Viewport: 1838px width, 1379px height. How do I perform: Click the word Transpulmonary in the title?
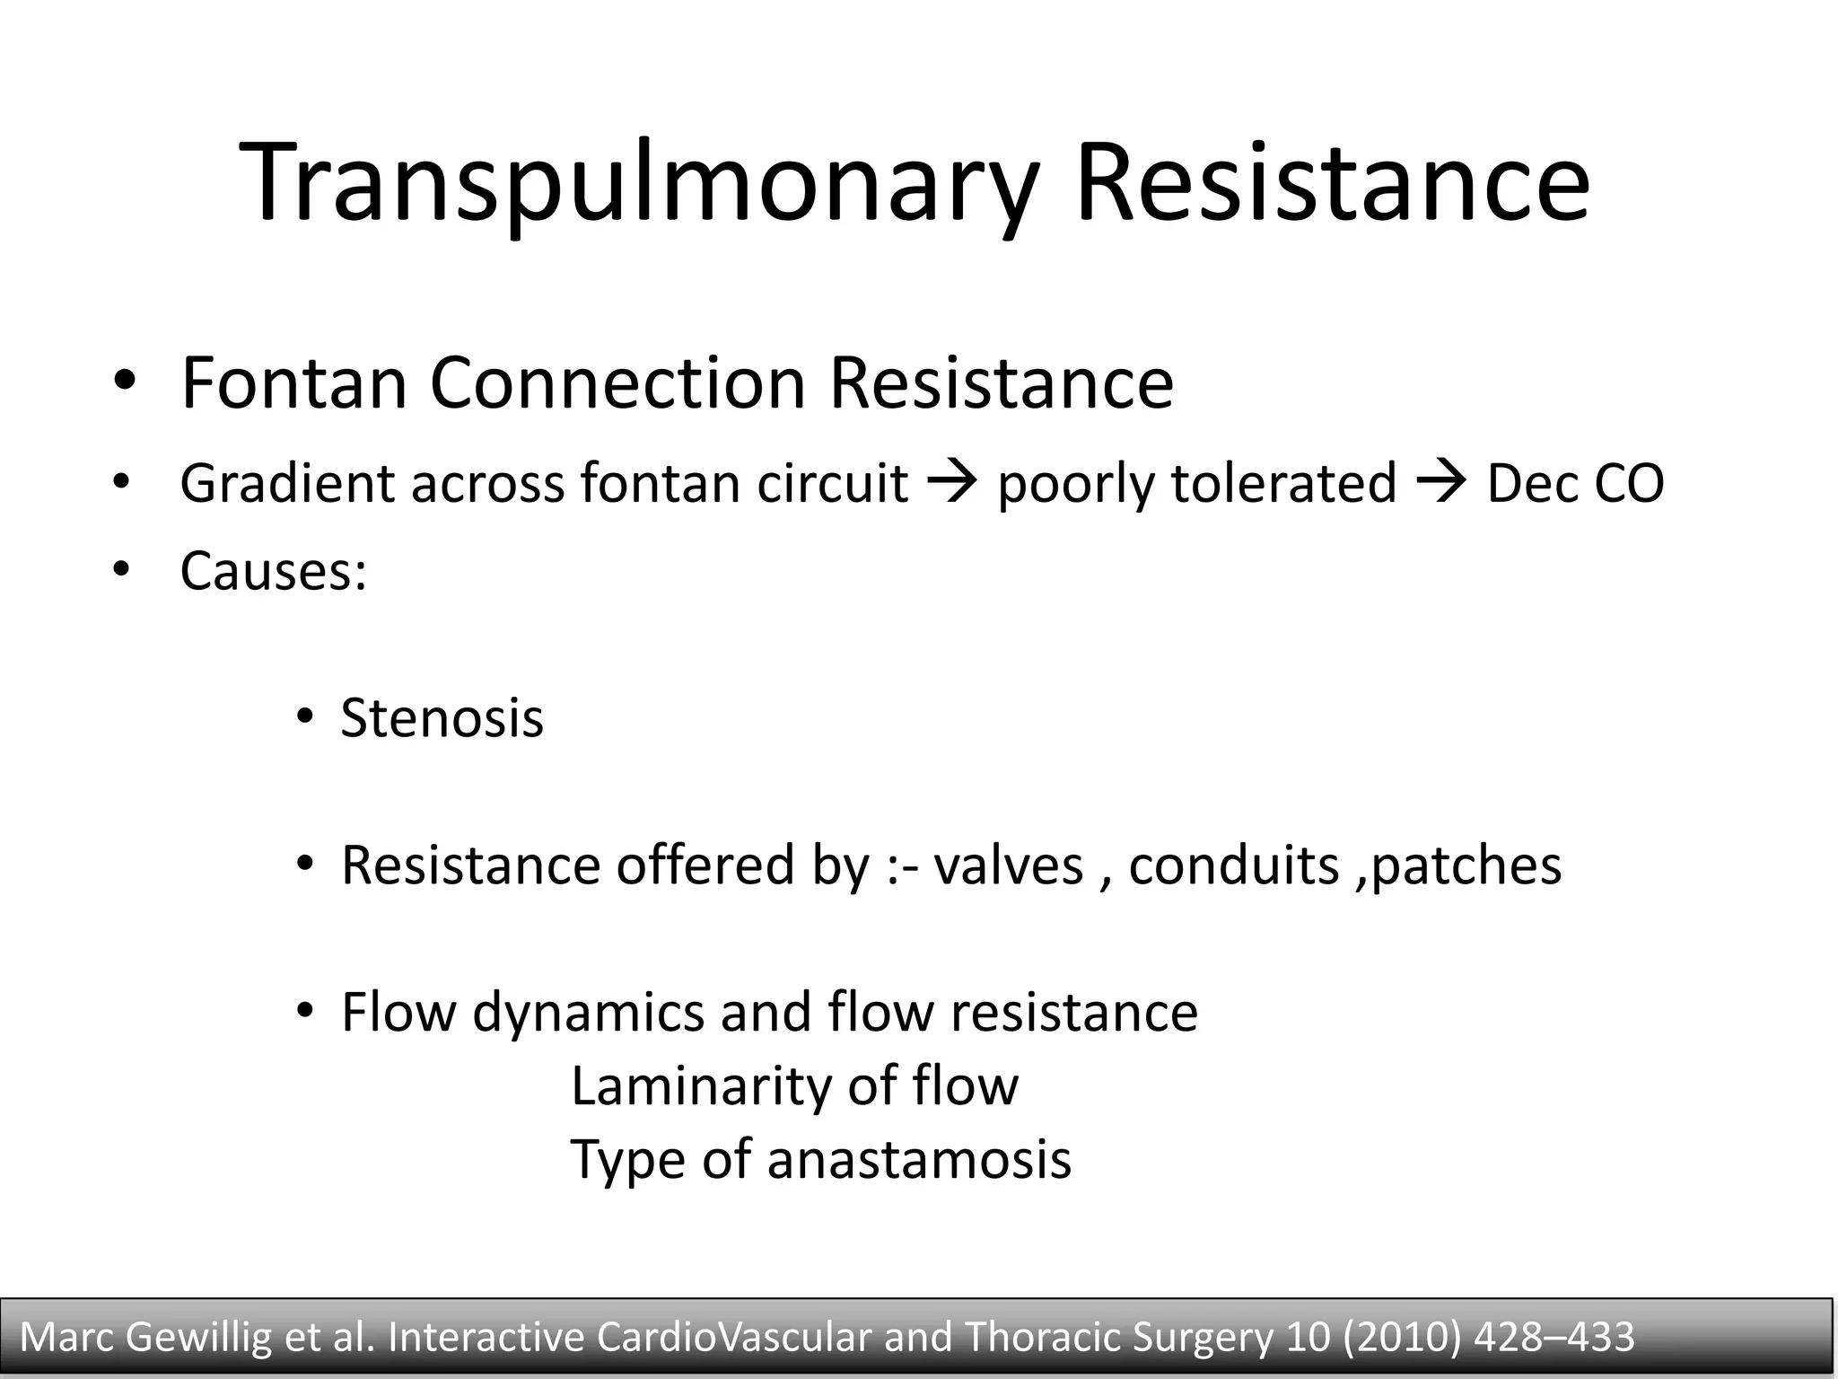(638, 184)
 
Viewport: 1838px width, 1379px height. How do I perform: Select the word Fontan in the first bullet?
(295, 383)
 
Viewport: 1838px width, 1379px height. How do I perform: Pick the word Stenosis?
(442, 718)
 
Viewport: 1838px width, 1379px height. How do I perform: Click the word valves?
(1008, 865)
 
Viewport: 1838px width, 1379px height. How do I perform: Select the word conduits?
(1233, 865)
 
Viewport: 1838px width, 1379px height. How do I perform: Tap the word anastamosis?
(919, 1159)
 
